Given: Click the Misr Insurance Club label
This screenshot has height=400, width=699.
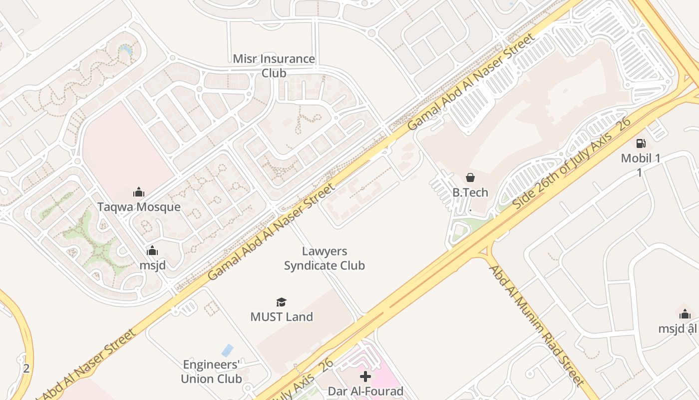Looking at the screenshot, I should (274, 66).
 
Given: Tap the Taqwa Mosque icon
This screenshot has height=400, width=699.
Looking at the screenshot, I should (139, 192).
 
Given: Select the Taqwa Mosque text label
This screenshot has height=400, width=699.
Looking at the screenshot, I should (139, 207).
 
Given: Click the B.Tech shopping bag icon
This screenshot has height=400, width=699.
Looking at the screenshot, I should (470, 177).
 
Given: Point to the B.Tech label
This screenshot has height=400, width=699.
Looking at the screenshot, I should (470, 192).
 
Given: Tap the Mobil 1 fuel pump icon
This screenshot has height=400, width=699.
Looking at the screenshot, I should (641, 144).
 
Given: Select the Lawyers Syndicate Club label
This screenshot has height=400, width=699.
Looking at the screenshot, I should (325, 258).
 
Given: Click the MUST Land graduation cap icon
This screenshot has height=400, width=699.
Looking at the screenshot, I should (282, 302).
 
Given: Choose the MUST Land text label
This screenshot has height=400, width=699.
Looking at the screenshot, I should (282, 317).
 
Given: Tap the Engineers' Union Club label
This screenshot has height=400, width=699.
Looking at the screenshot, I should (211, 371).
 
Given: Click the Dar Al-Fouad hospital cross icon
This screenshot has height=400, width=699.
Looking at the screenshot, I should (365, 376).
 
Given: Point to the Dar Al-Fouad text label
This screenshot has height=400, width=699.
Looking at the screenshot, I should (365, 391).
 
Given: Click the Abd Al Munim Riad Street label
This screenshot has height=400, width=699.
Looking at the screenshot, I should (537, 325).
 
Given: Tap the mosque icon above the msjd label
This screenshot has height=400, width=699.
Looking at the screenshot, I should (152, 250).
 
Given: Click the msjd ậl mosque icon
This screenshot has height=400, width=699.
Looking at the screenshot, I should (685, 314).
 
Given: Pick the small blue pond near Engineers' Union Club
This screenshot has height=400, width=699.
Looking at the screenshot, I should (228, 350).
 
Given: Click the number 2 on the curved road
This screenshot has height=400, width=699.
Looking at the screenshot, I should (26, 369).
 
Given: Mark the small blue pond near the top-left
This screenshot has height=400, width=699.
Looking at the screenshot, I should (125, 49).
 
